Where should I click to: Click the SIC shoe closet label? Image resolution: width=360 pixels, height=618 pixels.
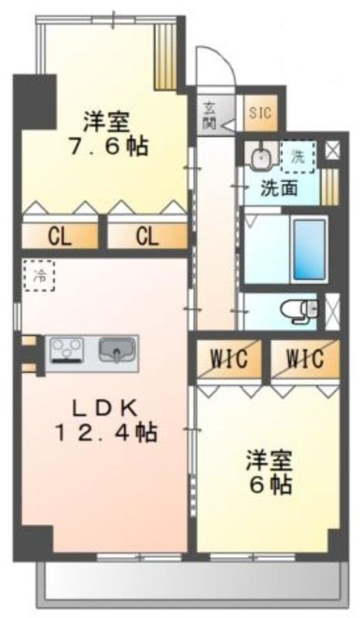260,113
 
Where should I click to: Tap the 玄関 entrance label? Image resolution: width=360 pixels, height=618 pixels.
209,114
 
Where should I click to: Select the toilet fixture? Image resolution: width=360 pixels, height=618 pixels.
299,311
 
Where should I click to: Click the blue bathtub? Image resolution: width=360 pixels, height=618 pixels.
311,250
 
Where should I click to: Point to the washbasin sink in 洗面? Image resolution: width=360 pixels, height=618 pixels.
260,157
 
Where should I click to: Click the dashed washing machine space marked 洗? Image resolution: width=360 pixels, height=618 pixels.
298,157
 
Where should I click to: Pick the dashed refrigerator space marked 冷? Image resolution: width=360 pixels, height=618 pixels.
39,275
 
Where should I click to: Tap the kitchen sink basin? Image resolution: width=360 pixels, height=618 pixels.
117,350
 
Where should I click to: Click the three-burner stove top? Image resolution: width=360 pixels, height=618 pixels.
66,350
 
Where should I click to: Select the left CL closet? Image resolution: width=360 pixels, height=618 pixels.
60,236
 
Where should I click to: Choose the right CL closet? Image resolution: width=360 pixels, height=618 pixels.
147,236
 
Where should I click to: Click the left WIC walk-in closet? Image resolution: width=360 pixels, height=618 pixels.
229,359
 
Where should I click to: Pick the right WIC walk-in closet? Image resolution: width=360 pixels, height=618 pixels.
305,359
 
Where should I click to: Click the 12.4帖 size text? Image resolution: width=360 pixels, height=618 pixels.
106,433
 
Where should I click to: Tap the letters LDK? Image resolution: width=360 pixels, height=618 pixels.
106,409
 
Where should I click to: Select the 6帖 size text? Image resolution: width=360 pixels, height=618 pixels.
271,485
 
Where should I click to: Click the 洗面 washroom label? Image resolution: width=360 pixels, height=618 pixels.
279,189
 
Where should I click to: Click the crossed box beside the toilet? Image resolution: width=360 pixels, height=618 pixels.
332,311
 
